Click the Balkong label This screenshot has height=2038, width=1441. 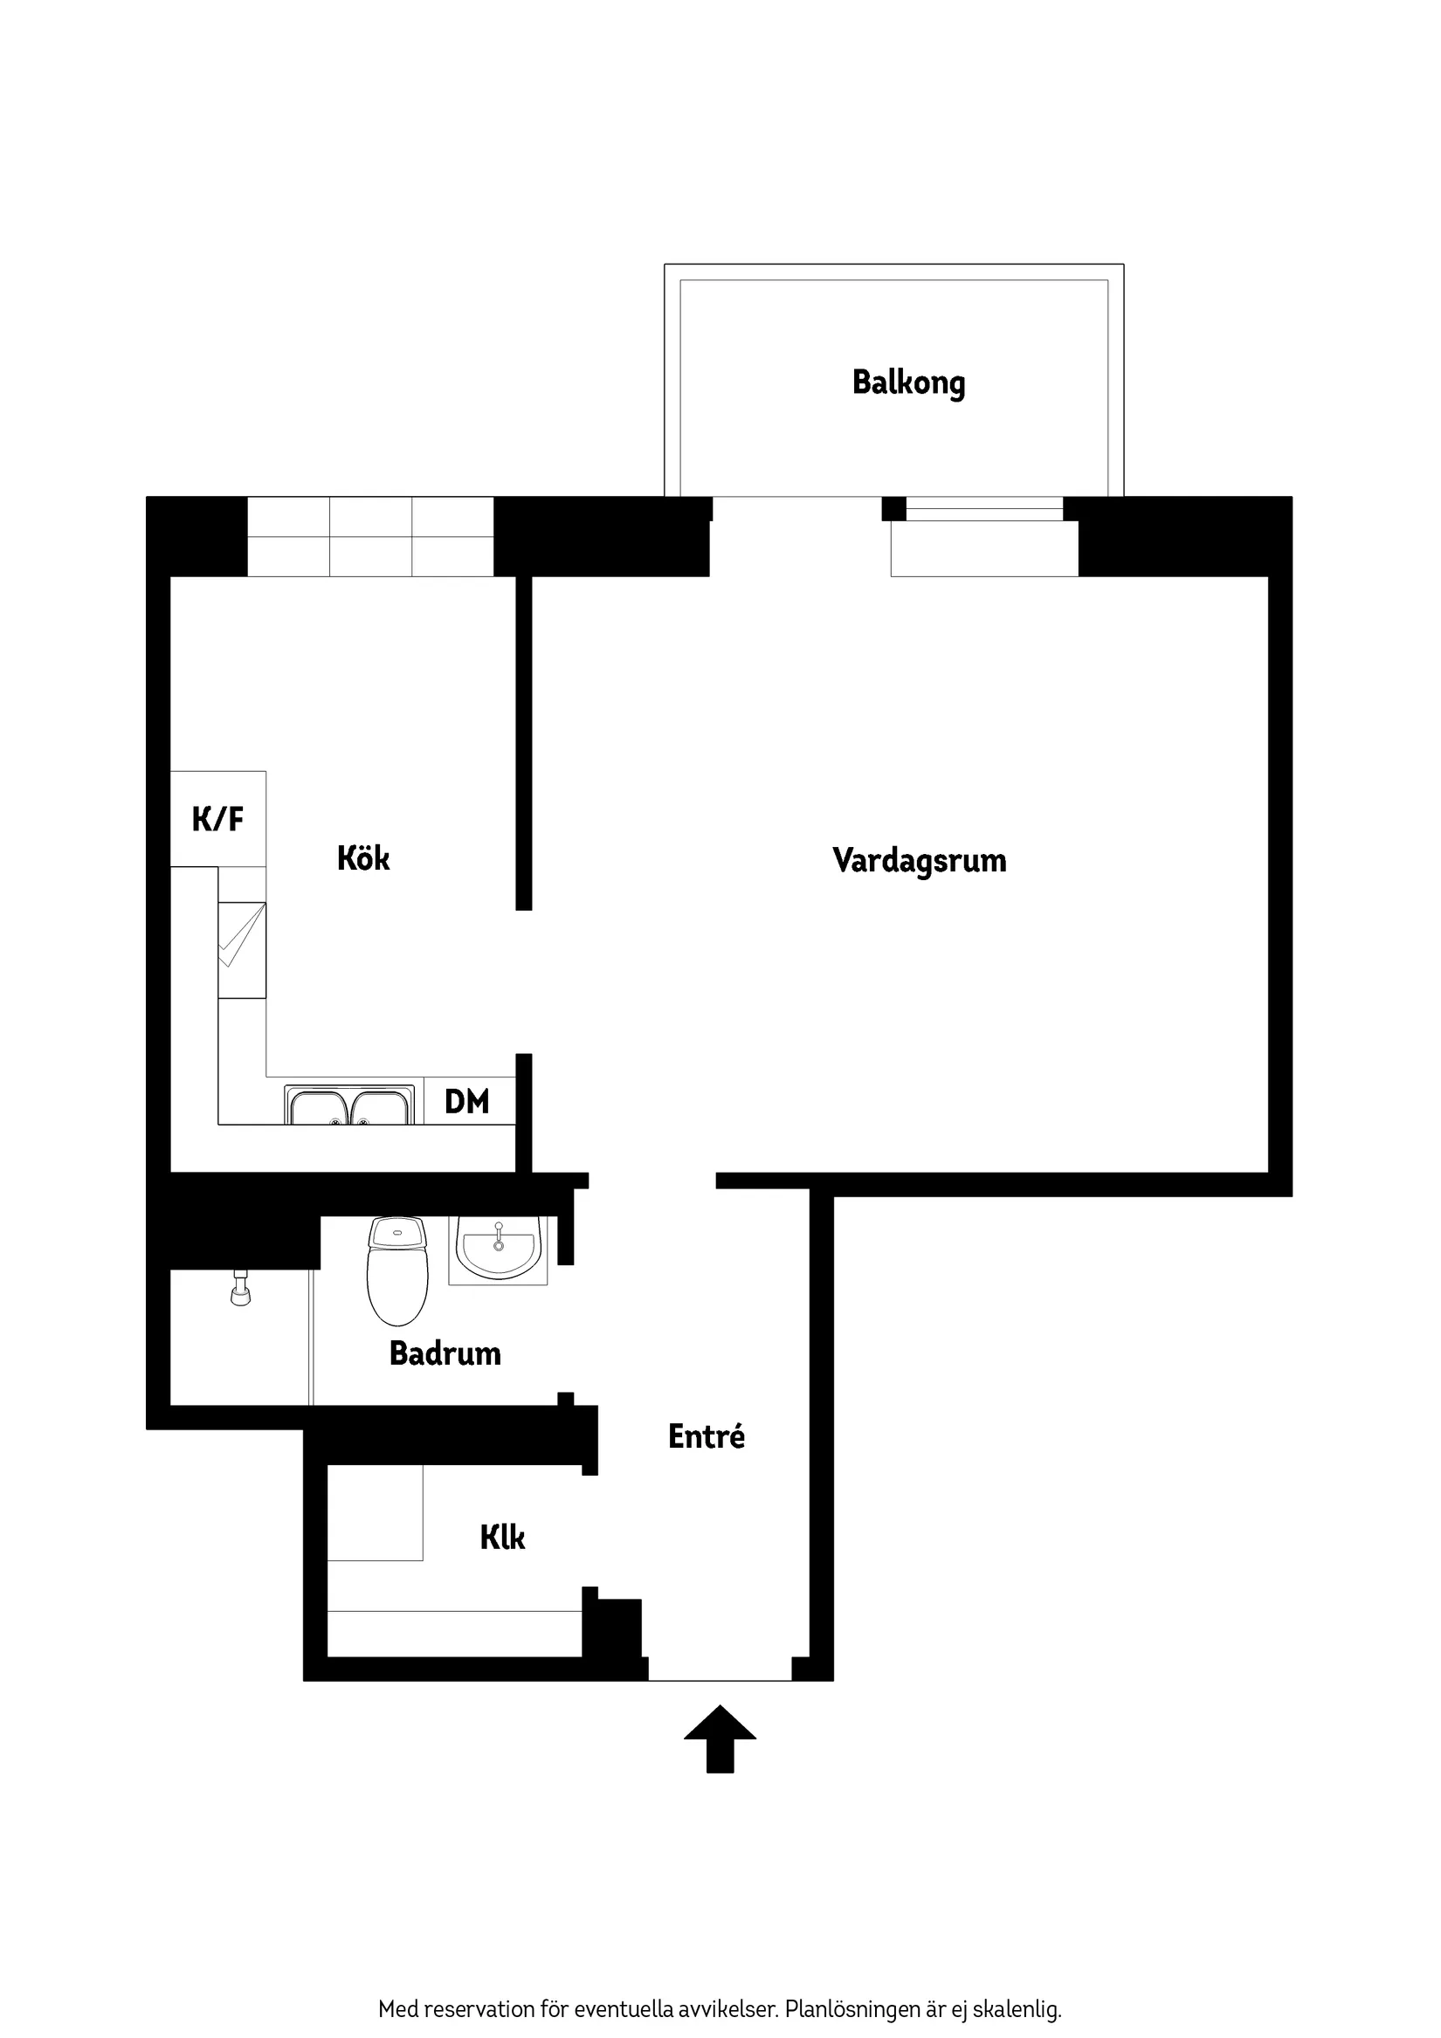point(908,382)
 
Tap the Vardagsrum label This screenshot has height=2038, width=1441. point(919,860)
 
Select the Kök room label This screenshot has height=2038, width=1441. point(363,858)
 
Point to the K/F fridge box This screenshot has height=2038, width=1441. point(217,818)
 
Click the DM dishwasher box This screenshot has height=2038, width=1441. point(468,1102)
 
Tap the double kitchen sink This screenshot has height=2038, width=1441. point(349,1105)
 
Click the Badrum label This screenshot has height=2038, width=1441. point(445,1353)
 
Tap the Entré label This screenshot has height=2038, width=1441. point(706,1436)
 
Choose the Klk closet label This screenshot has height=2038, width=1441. point(501,1538)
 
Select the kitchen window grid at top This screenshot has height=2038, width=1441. point(370,537)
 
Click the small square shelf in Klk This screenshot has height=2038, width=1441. point(375,1512)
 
